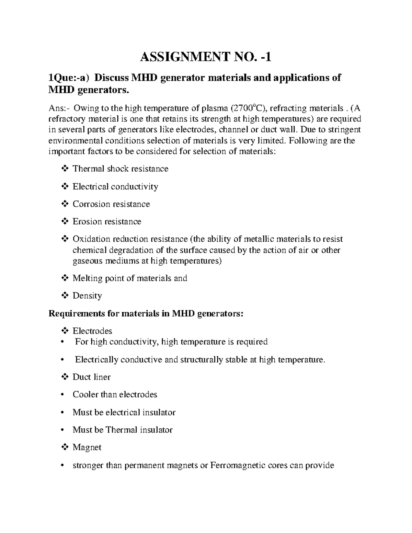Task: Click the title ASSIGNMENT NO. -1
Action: tap(205, 57)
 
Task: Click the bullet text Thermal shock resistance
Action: tap(120, 169)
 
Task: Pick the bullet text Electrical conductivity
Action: tap(115, 187)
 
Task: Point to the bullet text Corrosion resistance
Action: tap(111, 204)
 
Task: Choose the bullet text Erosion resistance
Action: tap(107, 222)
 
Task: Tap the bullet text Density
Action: tap(87, 296)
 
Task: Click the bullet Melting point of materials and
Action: tap(130, 278)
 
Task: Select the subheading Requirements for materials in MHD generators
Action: tap(146, 314)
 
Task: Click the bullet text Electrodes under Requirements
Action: tap(92, 331)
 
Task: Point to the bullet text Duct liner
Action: tap(91, 377)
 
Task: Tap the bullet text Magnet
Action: tap(87, 448)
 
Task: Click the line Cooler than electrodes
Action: tap(115, 395)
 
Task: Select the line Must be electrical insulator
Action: tap(124, 413)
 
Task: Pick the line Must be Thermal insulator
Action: tap(122, 430)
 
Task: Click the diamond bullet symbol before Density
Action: tap(65, 296)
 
